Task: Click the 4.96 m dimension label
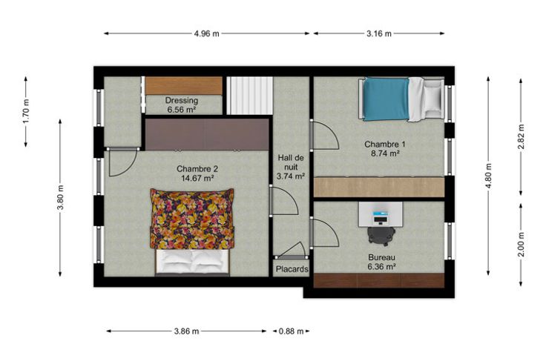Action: click(x=206, y=33)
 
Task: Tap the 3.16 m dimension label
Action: click(x=378, y=33)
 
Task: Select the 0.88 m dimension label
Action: click(x=291, y=331)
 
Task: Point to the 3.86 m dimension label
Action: click(x=186, y=331)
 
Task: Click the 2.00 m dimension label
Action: click(x=521, y=245)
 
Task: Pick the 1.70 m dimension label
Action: click(x=26, y=111)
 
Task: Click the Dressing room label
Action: click(x=182, y=101)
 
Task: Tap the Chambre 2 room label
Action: click(x=197, y=169)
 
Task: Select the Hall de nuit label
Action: click(x=290, y=162)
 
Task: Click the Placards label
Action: click(x=292, y=269)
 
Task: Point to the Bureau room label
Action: click(x=381, y=257)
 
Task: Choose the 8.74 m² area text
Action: click(x=385, y=153)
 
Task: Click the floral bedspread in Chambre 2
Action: click(x=192, y=219)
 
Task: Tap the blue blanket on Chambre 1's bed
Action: click(x=387, y=99)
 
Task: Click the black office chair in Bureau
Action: click(x=381, y=234)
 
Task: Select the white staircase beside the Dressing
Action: click(x=250, y=96)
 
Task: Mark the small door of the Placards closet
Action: click(x=292, y=251)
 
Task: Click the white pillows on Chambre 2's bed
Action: click(x=192, y=260)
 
